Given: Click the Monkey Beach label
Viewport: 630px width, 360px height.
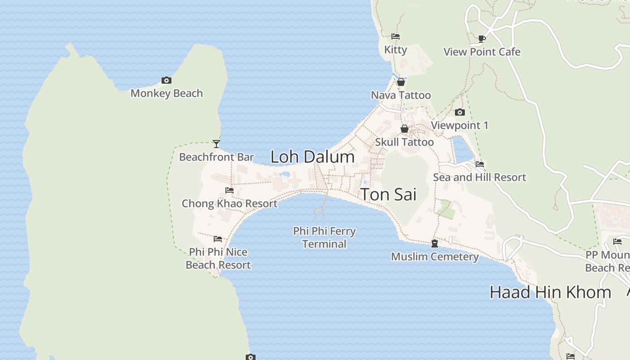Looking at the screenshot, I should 166,93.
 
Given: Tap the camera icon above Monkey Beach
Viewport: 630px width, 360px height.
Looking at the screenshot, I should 166,81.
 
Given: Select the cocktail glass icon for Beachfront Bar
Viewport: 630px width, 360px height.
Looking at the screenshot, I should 216,144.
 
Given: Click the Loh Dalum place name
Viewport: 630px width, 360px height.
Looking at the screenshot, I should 312,157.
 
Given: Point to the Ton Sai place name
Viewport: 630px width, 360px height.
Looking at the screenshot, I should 388,194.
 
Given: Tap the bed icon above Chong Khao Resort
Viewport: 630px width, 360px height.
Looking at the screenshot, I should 229,190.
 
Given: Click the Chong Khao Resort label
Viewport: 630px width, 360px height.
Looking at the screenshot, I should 229,203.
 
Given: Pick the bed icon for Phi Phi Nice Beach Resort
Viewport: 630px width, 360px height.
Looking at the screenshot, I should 218,239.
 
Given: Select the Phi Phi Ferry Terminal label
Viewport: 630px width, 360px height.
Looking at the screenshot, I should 324,238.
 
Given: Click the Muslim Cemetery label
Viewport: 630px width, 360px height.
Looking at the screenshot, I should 435,256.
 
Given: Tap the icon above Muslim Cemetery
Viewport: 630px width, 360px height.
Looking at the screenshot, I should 435,243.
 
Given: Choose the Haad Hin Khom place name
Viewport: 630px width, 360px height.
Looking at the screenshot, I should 550,292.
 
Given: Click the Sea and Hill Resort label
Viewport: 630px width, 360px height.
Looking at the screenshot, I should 479,177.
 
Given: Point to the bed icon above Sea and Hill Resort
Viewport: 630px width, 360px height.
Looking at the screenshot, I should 480,164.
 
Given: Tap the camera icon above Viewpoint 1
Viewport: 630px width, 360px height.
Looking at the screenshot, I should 459,112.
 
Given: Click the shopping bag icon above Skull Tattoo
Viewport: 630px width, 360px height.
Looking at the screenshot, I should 405,129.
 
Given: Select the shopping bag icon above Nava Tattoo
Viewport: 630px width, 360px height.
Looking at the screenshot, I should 401,82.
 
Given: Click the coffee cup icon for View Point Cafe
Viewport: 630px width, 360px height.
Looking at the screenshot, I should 482,39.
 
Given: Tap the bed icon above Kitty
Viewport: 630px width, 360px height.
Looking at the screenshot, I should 396,36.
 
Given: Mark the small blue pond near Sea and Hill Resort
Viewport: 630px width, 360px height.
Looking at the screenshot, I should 462,149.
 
